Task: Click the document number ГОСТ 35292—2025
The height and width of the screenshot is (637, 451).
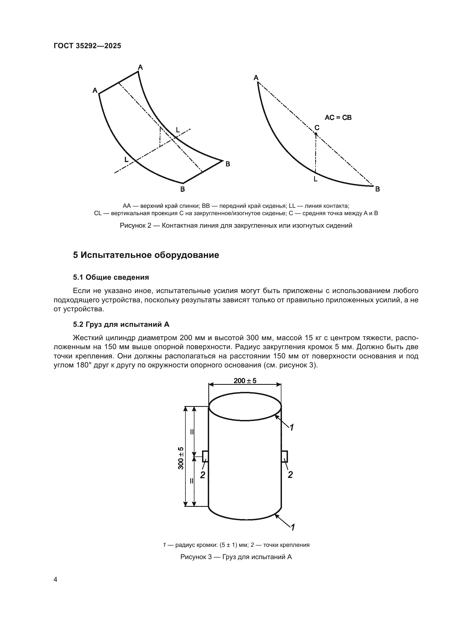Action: [x=87, y=46]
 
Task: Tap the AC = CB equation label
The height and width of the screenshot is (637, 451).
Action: [x=338, y=118]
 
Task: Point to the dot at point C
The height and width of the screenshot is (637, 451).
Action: [x=316, y=134]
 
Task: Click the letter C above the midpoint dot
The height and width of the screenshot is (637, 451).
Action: [x=317, y=128]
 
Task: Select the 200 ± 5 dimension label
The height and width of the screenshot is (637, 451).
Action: [x=245, y=380]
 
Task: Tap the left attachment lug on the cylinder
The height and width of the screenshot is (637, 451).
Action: [x=205, y=456]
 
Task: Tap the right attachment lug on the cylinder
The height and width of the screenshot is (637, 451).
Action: [x=284, y=456]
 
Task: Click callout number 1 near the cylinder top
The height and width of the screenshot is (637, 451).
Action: [x=292, y=428]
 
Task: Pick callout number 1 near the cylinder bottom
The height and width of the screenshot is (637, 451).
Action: [x=292, y=527]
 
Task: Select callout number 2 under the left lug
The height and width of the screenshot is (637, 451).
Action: [x=203, y=475]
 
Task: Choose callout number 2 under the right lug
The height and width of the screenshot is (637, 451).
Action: [x=290, y=475]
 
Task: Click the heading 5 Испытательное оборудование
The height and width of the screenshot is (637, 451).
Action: [x=146, y=255]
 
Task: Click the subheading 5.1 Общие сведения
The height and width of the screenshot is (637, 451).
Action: [x=111, y=277]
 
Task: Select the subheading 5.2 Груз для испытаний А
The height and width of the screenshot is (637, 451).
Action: [x=121, y=324]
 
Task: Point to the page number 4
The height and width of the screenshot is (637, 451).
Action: [x=55, y=579]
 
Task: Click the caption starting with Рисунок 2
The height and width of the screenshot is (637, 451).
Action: [x=236, y=225]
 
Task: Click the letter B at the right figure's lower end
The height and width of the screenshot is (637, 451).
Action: [x=377, y=189]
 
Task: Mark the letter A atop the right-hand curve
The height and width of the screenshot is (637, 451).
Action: [x=256, y=78]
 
